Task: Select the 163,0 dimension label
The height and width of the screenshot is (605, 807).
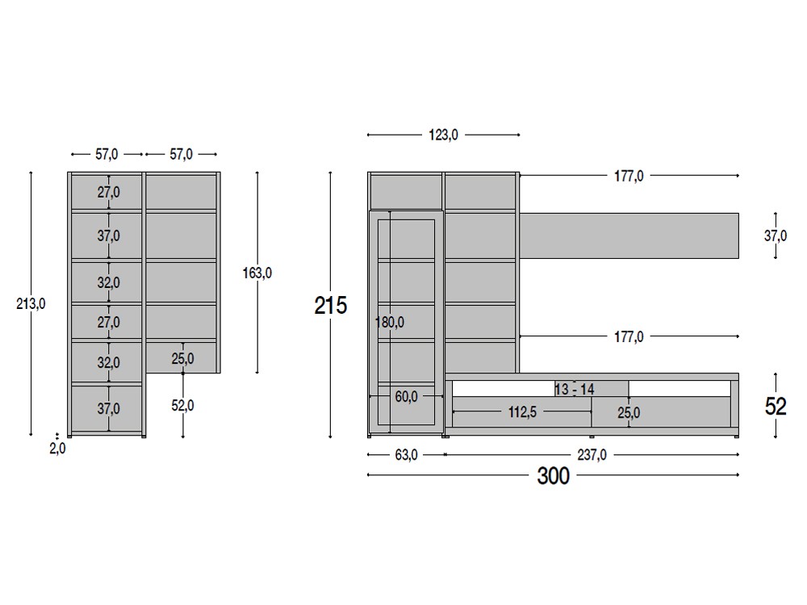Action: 257,273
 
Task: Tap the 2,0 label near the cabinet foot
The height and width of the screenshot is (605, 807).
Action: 57,449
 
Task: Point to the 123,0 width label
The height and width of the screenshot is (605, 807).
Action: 443,135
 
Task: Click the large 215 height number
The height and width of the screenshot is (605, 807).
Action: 331,306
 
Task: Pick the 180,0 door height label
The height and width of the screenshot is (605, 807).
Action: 390,323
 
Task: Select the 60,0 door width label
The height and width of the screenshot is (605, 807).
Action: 406,396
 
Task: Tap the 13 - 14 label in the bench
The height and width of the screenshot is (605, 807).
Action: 574,390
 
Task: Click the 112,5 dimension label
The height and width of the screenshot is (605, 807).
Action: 523,412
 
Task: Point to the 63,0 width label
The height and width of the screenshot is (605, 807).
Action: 406,455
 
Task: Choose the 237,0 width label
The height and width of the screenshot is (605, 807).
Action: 592,455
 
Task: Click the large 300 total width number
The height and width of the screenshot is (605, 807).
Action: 554,476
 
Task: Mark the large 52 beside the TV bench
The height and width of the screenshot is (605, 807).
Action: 776,407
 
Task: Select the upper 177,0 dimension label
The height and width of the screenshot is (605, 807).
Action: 628,176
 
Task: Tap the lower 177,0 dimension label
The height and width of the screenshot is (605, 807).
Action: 628,336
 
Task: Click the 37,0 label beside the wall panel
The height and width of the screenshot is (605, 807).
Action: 776,236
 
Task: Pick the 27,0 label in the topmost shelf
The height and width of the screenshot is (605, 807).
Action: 107,192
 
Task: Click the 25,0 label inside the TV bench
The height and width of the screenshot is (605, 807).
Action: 629,413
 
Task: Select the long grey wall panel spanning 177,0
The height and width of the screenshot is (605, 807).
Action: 629,236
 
